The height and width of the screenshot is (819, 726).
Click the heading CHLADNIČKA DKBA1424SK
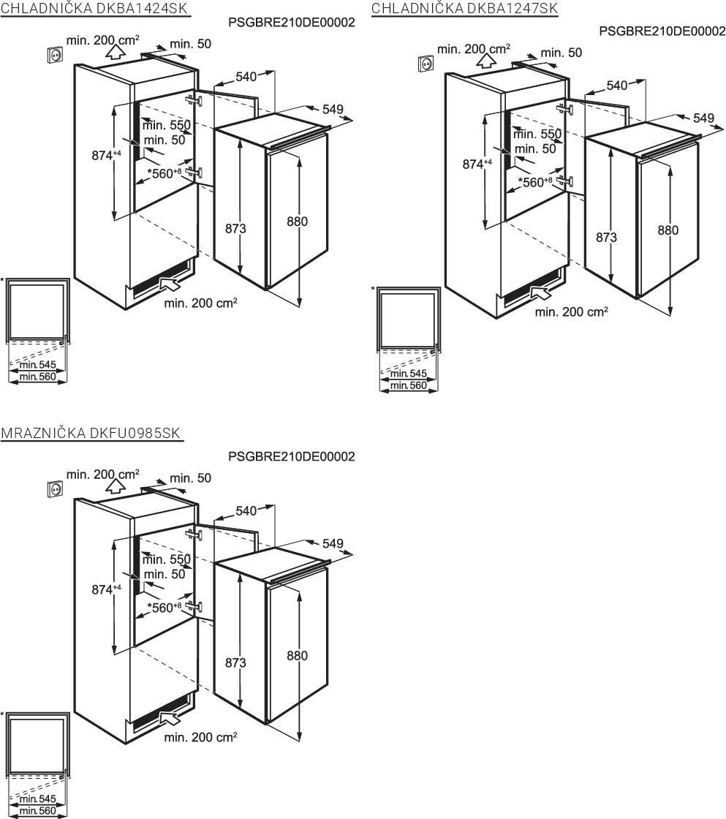pos(94,8)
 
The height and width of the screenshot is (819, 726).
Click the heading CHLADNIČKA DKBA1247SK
pos(464,8)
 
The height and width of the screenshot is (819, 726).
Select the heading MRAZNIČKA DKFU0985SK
pos(91,433)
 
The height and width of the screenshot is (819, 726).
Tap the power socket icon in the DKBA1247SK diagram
pos(426,64)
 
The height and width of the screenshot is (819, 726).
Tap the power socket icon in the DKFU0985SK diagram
pos(55,489)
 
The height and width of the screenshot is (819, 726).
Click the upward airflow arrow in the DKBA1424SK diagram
pos(116,51)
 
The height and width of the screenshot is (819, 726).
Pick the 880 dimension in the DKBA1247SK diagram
pos(668,230)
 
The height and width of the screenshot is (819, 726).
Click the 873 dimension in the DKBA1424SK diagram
pos(235,228)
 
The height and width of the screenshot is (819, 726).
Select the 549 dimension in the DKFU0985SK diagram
pos(333,544)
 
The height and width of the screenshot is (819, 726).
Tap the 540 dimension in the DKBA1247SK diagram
pos(617,85)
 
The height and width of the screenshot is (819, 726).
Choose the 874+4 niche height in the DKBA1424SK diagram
pos(106,155)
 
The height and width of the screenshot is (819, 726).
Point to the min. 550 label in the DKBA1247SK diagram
pos(537,135)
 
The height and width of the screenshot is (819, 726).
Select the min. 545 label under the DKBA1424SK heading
pos(37,365)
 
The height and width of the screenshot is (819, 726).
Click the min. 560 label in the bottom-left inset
pos(37,811)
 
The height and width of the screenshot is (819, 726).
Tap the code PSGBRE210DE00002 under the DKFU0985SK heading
pos(292,456)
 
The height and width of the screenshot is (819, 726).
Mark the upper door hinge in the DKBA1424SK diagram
pos(194,99)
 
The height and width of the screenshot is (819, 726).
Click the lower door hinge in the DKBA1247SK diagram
pos(564,181)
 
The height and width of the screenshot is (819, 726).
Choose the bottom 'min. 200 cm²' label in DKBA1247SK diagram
pos(572,312)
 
